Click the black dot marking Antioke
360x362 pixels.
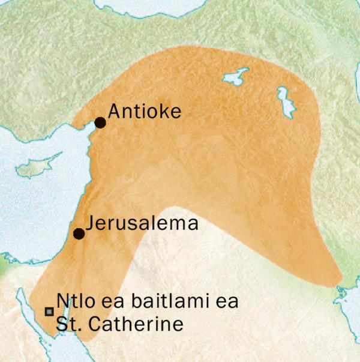[100, 122]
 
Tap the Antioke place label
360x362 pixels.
[144, 112]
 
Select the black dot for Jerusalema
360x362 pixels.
[78, 234]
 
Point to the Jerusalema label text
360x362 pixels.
[142, 224]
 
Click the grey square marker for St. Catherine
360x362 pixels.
[49, 311]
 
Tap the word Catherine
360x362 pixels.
[139, 325]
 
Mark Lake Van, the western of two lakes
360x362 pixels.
[236, 77]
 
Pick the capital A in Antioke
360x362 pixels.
[112, 112]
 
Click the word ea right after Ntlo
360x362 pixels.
[104, 301]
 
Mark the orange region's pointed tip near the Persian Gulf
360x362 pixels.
[337, 280]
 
